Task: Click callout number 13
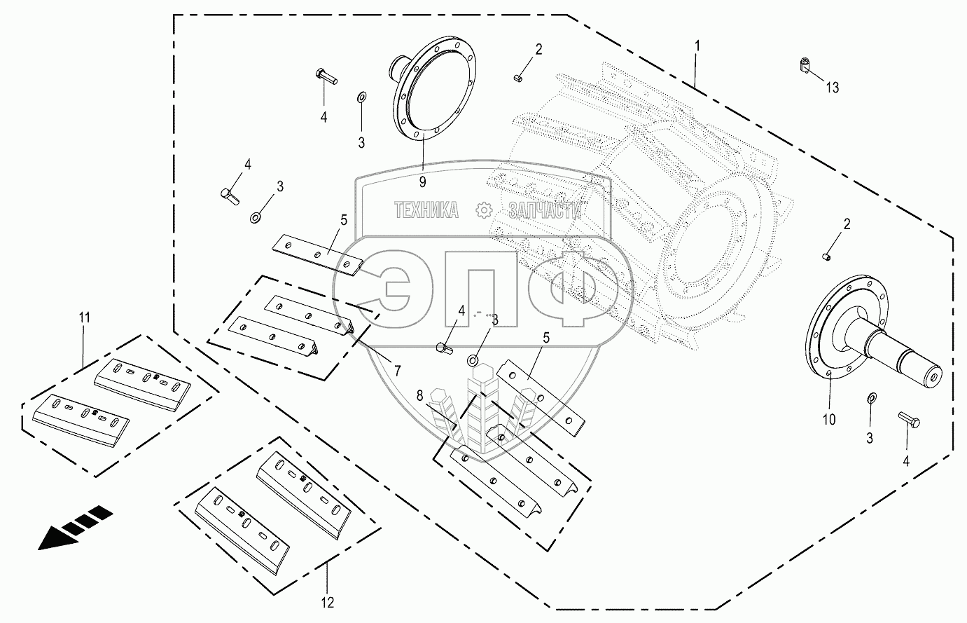pyautogui.click(x=832, y=88)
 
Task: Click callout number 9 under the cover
pyautogui.click(x=422, y=182)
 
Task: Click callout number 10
pyautogui.click(x=828, y=420)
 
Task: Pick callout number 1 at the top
pyautogui.click(x=697, y=46)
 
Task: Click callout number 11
pyautogui.click(x=84, y=317)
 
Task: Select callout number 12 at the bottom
pyautogui.click(x=328, y=601)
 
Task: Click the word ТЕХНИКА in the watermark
pyautogui.click(x=426, y=210)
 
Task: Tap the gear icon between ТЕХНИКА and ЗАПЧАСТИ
pyautogui.click(x=483, y=209)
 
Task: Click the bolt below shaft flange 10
pyautogui.click(x=908, y=420)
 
